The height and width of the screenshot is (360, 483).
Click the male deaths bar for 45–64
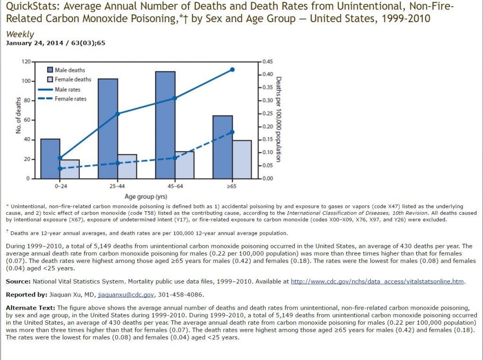(165, 125)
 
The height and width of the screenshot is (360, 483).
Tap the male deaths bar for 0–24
(50, 158)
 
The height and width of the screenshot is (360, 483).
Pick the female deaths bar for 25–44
(127, 166)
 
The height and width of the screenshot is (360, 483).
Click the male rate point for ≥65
(232, 70)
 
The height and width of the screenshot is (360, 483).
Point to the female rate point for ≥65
(232, 132)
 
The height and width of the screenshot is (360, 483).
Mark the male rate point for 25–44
(117, 114)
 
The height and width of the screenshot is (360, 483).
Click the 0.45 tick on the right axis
(267, 62)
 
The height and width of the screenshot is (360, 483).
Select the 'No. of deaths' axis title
(18, 115)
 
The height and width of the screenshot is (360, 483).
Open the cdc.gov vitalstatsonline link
(377, 282)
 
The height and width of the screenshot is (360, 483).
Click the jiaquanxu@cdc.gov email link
(126, 295)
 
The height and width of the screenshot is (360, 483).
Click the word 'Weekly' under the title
(20, 34)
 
